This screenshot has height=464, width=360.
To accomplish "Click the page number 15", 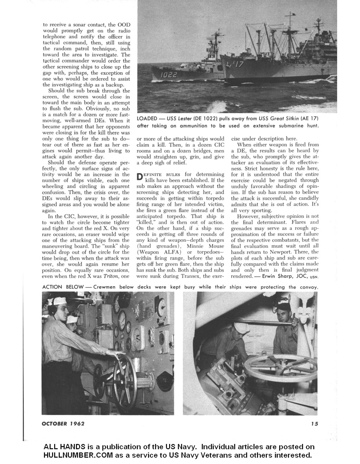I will coord(314,424).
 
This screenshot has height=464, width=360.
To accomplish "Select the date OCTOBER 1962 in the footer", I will coord(63,424).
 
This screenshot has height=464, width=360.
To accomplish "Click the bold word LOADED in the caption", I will coord(147,119).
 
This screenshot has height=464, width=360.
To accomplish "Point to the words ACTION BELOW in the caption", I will coord(63,287).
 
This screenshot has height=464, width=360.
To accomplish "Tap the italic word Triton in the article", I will coord(110,276).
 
